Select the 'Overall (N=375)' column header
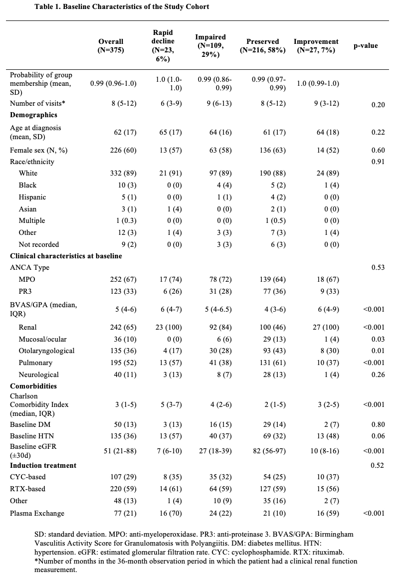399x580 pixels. click(x=111, y=46)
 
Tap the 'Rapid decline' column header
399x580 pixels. click(x=163, y=46)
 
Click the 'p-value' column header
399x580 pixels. click(x=366, y=46)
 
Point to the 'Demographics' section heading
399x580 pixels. click(x=33, y=115)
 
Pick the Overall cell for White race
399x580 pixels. click(x=121, y=174)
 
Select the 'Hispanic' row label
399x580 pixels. click(x=32, y=197)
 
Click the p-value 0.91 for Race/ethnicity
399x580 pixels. click(x=378, y=162)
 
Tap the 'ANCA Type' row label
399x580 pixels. click(x=30, y=268)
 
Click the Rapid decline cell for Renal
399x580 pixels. click(x=167, y=328)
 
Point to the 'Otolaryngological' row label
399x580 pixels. click(x=47, y=351)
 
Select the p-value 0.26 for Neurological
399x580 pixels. click(x=378, y=375)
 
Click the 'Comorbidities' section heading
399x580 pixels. click(x=33, y=386)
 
